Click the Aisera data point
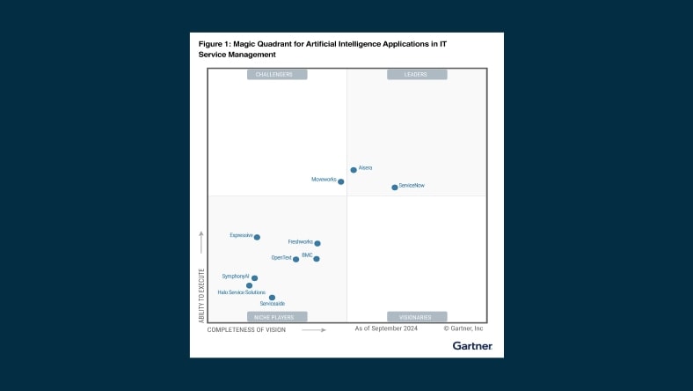354,170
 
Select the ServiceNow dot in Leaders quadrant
395,187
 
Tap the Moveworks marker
341,181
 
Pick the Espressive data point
257,237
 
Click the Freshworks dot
317,243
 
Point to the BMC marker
317,259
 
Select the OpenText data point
296,259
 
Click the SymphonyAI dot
255,278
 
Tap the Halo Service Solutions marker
250,285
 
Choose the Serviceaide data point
273,298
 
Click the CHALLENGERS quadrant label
277,75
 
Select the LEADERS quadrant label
417,75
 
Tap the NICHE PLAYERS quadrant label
277,316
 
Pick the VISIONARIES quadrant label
417,316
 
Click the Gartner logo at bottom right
472,346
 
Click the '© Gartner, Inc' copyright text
463,328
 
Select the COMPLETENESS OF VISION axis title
246,330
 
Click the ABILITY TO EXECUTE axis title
201,295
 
